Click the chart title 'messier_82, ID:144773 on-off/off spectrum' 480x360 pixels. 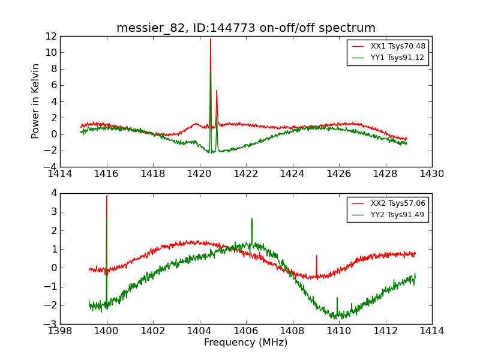tap(246, 28)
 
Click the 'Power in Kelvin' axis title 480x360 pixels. tap(36, 101)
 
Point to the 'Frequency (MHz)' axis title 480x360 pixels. tap(246, 343)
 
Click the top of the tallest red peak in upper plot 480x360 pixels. tap(211, 39)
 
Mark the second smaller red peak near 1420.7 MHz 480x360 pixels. tap(217, 91)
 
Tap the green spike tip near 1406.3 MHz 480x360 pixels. tap(251, 218)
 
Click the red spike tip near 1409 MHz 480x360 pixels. tap(317, 256)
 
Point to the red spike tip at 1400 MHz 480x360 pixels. tap(107, 196)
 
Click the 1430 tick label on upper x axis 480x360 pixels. tap(431, 174)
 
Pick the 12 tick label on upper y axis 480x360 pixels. tap(50, 36)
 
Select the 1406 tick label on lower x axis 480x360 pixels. tap(246, 331)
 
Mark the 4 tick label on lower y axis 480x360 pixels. tap(54, 193)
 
